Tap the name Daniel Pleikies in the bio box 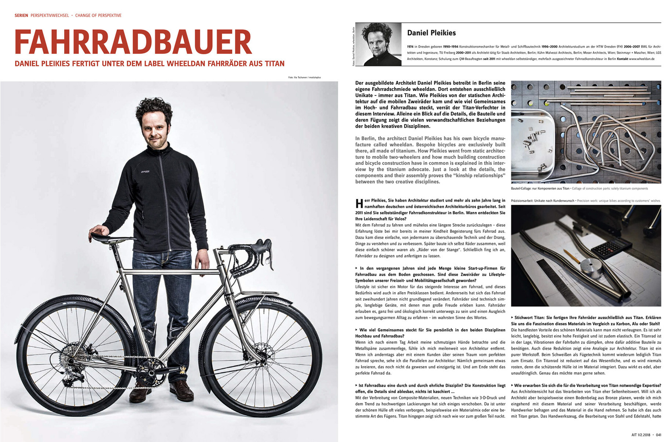coord(431,33)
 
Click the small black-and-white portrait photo coord(378,44)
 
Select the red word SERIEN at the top coord(21,15)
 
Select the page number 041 coord(659,435)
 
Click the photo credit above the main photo coord(304,77)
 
